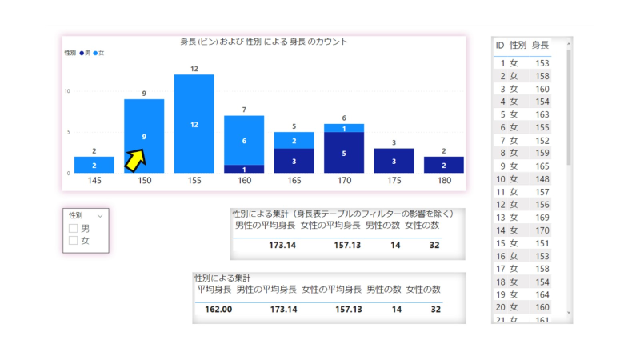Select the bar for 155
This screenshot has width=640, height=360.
[x=194, y=123]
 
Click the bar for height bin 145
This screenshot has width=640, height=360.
[x=94, y=165]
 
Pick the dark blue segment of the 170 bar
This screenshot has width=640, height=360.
[x=344, y=153]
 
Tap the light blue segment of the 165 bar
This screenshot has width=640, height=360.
[x=294, y=140]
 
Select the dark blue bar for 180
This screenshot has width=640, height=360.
[x=443, y=165]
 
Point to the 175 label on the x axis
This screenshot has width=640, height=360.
[x=394, y=181]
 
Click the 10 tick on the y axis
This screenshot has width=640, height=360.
[x=68, y=91]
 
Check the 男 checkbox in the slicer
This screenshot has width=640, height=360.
[x=74, y=229]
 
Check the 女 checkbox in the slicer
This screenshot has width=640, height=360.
[x=74, y=240]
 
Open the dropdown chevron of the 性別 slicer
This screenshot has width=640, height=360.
[x=100, y=216]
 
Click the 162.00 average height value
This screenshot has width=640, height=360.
[x=214, y=309]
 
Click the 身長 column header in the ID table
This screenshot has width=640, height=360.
[x=540, y=45]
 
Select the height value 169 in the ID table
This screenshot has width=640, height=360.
[x=541, y=217]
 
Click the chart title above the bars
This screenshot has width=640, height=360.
[x=263, y=42]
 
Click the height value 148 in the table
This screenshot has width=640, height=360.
[x=541, y=178]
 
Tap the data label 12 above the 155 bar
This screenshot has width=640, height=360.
[x=194, y=69]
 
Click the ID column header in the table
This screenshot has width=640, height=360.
[x=500, y=45]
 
